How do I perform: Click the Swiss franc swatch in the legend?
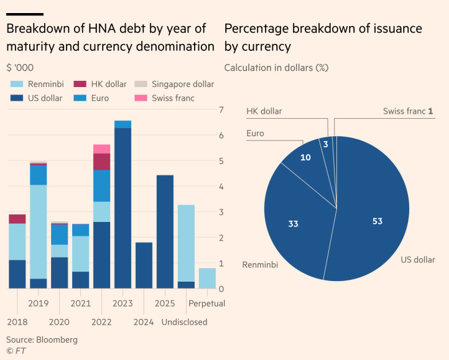[142, 98]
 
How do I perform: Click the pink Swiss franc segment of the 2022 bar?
[101, 149]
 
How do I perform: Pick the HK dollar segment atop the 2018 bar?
[17, 219]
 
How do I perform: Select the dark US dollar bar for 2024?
[144, 265]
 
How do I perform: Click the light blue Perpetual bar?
[207, 278]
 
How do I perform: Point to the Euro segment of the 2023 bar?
[123, 124]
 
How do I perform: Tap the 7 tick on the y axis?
[221, 110]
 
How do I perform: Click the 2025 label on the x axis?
[165, 303]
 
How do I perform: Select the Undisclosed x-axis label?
[184, 322]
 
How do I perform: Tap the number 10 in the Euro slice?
[305, 158]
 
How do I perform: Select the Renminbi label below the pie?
[260, 265]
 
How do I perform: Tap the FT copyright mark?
[16, 351]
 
